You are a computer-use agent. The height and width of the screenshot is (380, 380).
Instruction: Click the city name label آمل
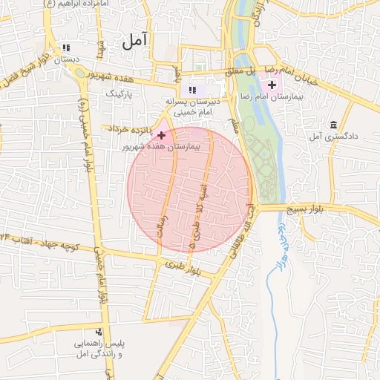pos(137,40)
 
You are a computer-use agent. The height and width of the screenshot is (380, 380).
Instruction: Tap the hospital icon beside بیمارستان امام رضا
pos(271,86)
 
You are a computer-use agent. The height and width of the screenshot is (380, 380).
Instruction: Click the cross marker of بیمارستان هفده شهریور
pos(161,135)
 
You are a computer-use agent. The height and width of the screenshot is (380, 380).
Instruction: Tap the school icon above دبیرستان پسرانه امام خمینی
pos(193,90)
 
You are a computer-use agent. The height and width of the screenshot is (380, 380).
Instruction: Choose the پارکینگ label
pos(119,94)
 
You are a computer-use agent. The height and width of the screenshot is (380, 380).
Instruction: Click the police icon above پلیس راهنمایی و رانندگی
pos(99,331)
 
